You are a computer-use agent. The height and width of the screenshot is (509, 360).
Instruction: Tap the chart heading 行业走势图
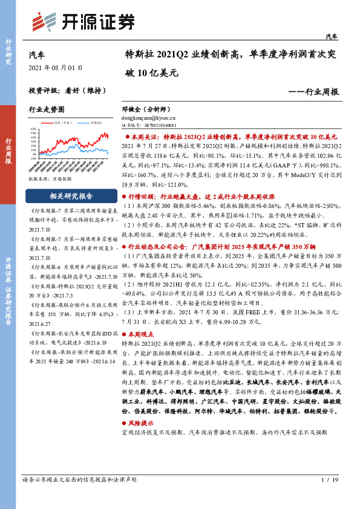coord(47,110)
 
